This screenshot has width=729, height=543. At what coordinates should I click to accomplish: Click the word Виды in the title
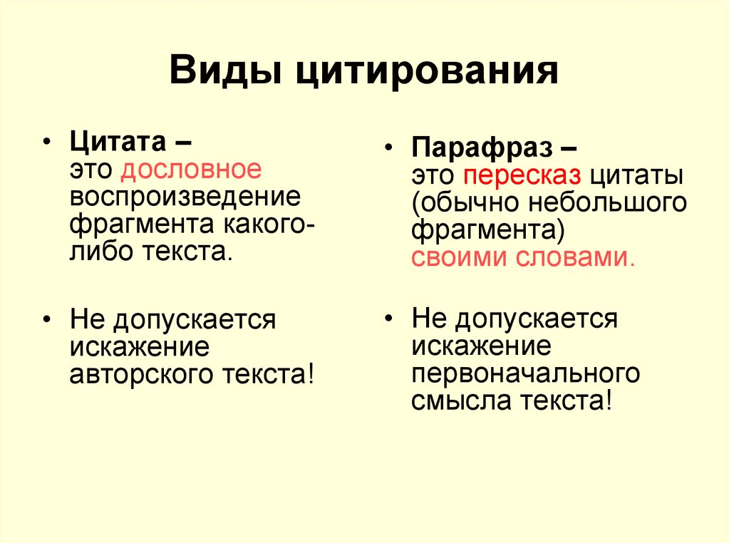(x=226, y=70)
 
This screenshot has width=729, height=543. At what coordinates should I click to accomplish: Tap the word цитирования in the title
(x=427, y=71)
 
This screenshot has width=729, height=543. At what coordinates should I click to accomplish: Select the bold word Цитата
(x=118, y=141)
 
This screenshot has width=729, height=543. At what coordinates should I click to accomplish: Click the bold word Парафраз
(x=482, y=148)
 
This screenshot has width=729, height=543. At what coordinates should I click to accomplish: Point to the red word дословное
(x=191, y=170)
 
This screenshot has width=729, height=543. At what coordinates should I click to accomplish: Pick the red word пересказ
(x=522, y=176)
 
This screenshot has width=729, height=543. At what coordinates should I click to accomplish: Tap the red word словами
(x=576, y=257)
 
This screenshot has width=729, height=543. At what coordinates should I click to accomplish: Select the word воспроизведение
(x=185, y=197)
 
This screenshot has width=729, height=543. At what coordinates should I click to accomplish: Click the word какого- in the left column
(x=269, y=224)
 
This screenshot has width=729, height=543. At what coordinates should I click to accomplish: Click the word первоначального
(x=526, y=373)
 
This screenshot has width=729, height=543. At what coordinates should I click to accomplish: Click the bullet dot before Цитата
(x=46, y=141)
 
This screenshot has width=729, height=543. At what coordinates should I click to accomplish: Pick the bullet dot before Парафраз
(x=388, y=148)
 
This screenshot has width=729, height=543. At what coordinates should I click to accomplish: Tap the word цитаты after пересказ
(x=636, y=177)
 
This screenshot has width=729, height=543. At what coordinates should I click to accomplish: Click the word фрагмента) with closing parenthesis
(x=487, y=230)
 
